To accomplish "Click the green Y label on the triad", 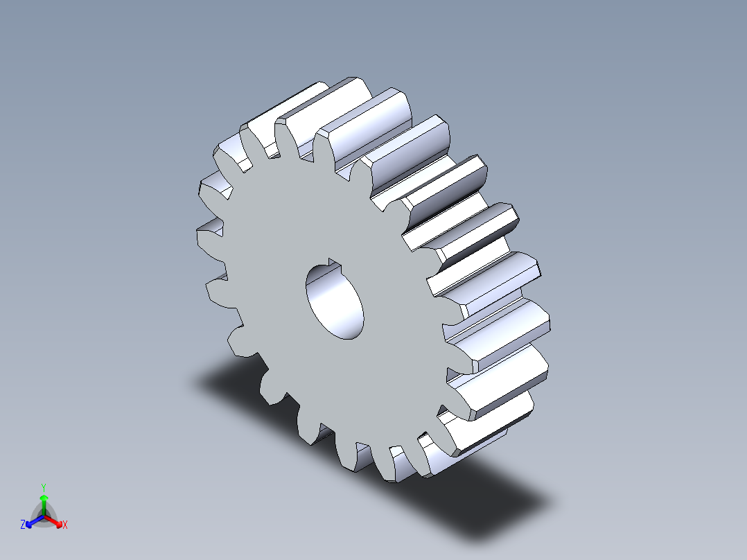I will tap(44, 487).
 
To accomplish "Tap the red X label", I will tap(64, 525).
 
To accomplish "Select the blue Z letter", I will tap(23, 525).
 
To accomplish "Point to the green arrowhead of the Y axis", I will tap(44, 498).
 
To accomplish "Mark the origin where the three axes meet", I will tap(44, 515).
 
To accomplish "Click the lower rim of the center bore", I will tap(346, 335).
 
